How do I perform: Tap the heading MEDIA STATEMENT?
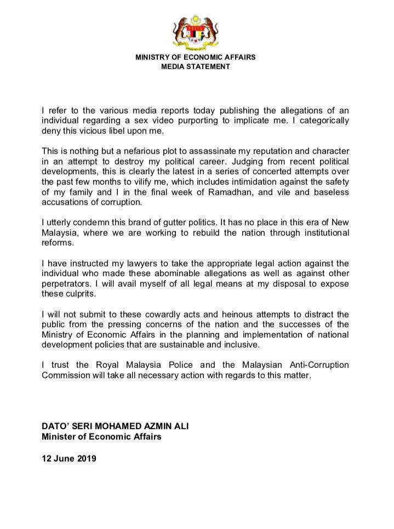coord(196,67)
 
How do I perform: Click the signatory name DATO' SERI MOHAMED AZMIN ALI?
coord(117,427)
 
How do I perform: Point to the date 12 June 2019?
coord(69,459)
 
